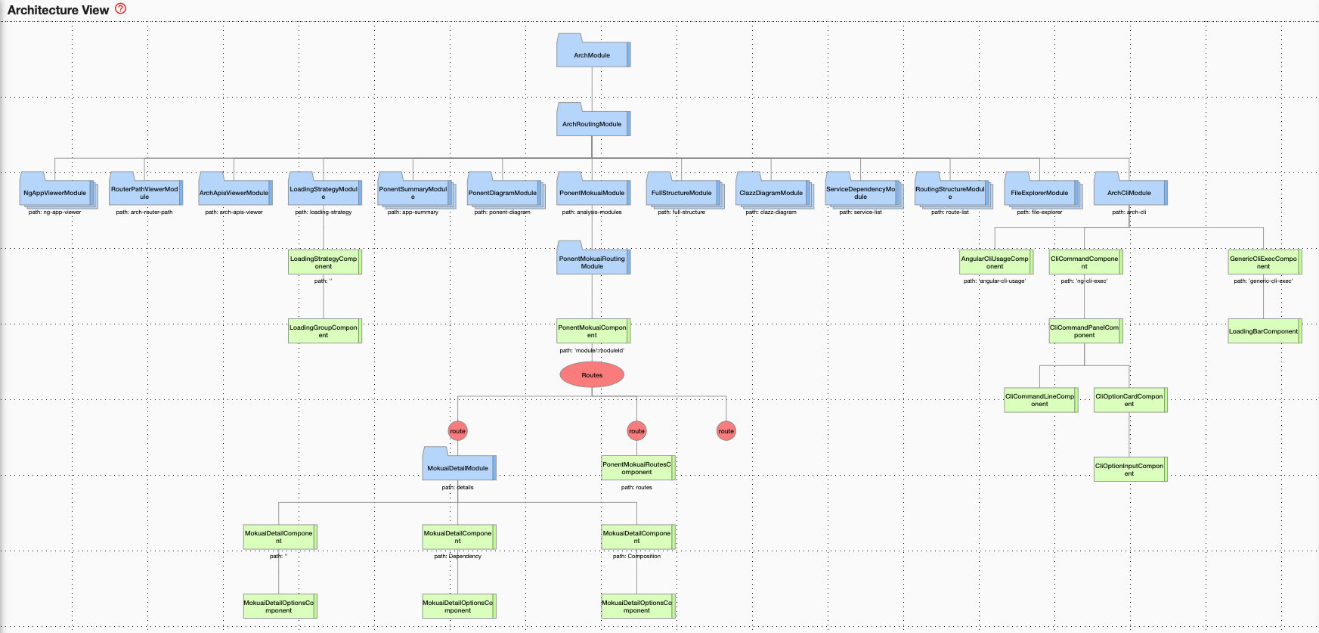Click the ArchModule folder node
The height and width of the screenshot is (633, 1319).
point(592,54)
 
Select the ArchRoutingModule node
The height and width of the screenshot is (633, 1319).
point(592,123)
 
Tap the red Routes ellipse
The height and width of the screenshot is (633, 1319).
point(592,374)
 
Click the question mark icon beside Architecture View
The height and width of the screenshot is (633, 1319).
point(121,9)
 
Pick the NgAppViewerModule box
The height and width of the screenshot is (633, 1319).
point(55,193)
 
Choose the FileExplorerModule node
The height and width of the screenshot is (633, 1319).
point(1039,193)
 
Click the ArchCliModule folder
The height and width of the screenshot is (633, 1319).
point(1129,193)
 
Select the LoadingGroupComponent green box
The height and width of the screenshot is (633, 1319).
point(324,331)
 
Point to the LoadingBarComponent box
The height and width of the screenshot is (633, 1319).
point(1263,331)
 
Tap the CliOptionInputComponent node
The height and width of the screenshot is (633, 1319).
point(1129,469)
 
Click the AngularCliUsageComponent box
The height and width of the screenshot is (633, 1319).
point(995,262)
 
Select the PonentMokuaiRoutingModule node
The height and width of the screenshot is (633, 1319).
point(592,262)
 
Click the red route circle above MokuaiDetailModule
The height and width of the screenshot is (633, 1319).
point(457,431)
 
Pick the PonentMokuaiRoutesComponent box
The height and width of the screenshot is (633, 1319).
point(636,468)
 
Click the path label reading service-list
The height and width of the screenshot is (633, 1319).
point(860,213)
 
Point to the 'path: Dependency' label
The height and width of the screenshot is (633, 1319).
point(457,557)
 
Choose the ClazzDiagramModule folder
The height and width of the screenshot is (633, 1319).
point(771,193)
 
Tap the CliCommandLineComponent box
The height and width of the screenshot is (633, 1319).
point(1039,400)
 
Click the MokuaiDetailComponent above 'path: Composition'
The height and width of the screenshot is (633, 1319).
point(636,537)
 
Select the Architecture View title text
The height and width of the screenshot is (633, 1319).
point(58,10)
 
